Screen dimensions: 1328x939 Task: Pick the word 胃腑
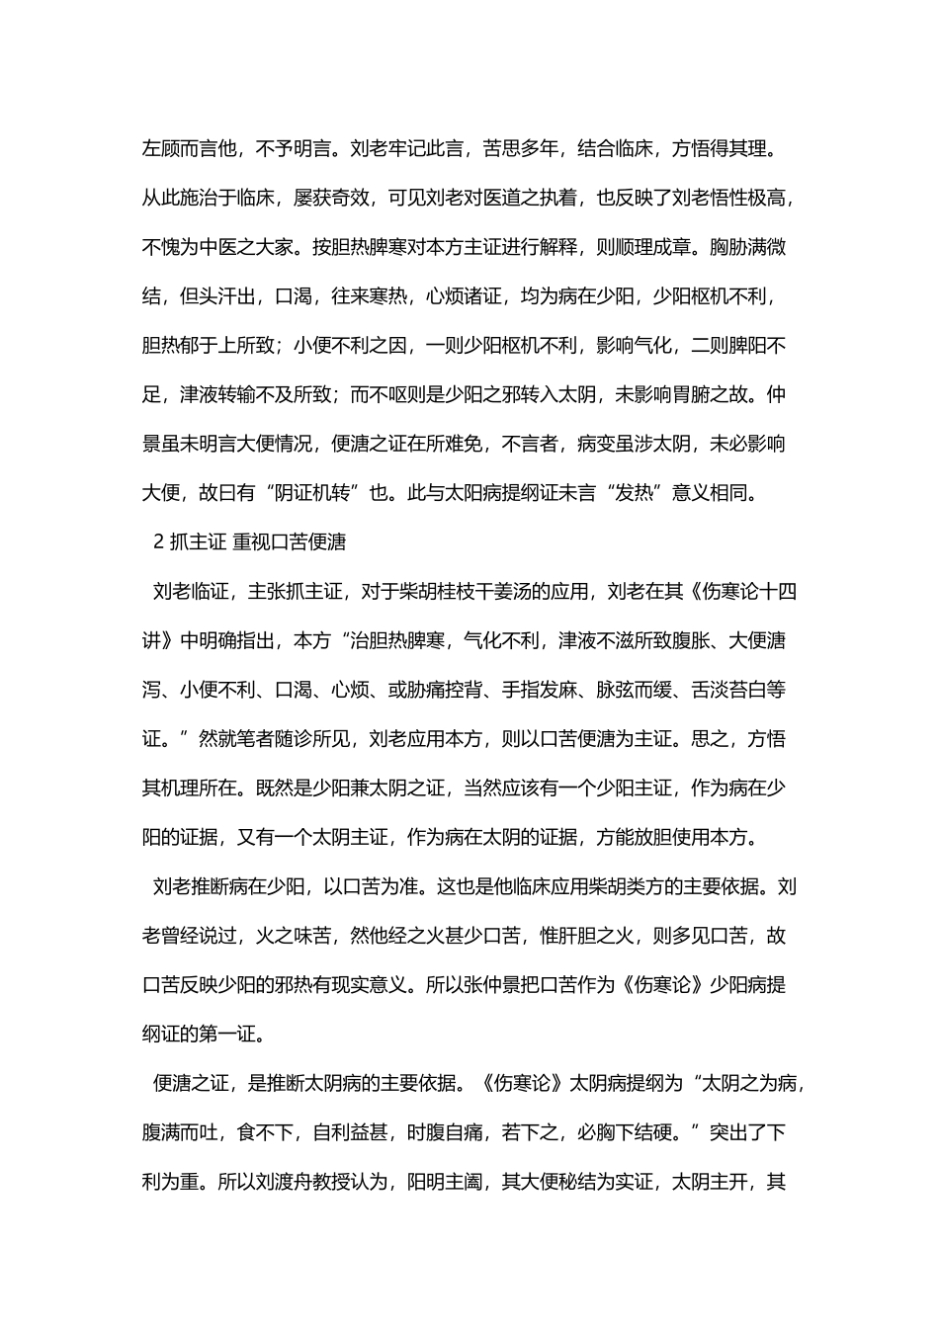699,394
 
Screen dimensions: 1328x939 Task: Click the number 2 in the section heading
158,542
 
